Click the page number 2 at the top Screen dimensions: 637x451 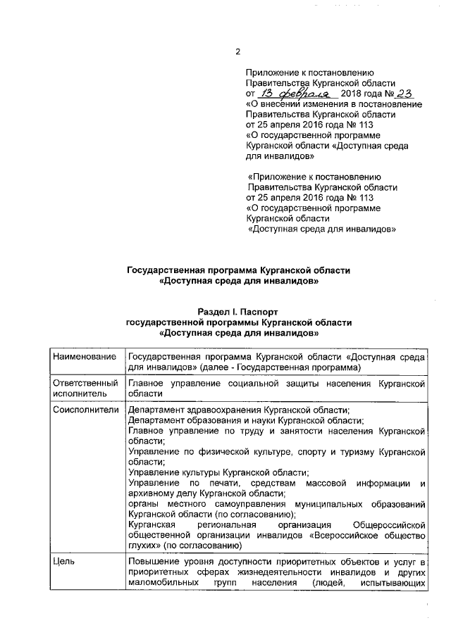pyautogui.click(x=237, y=51)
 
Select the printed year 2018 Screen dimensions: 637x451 pyautogui.click(x=352, y=94)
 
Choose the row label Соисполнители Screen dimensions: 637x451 pyautogui.click(x=86, y=410)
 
